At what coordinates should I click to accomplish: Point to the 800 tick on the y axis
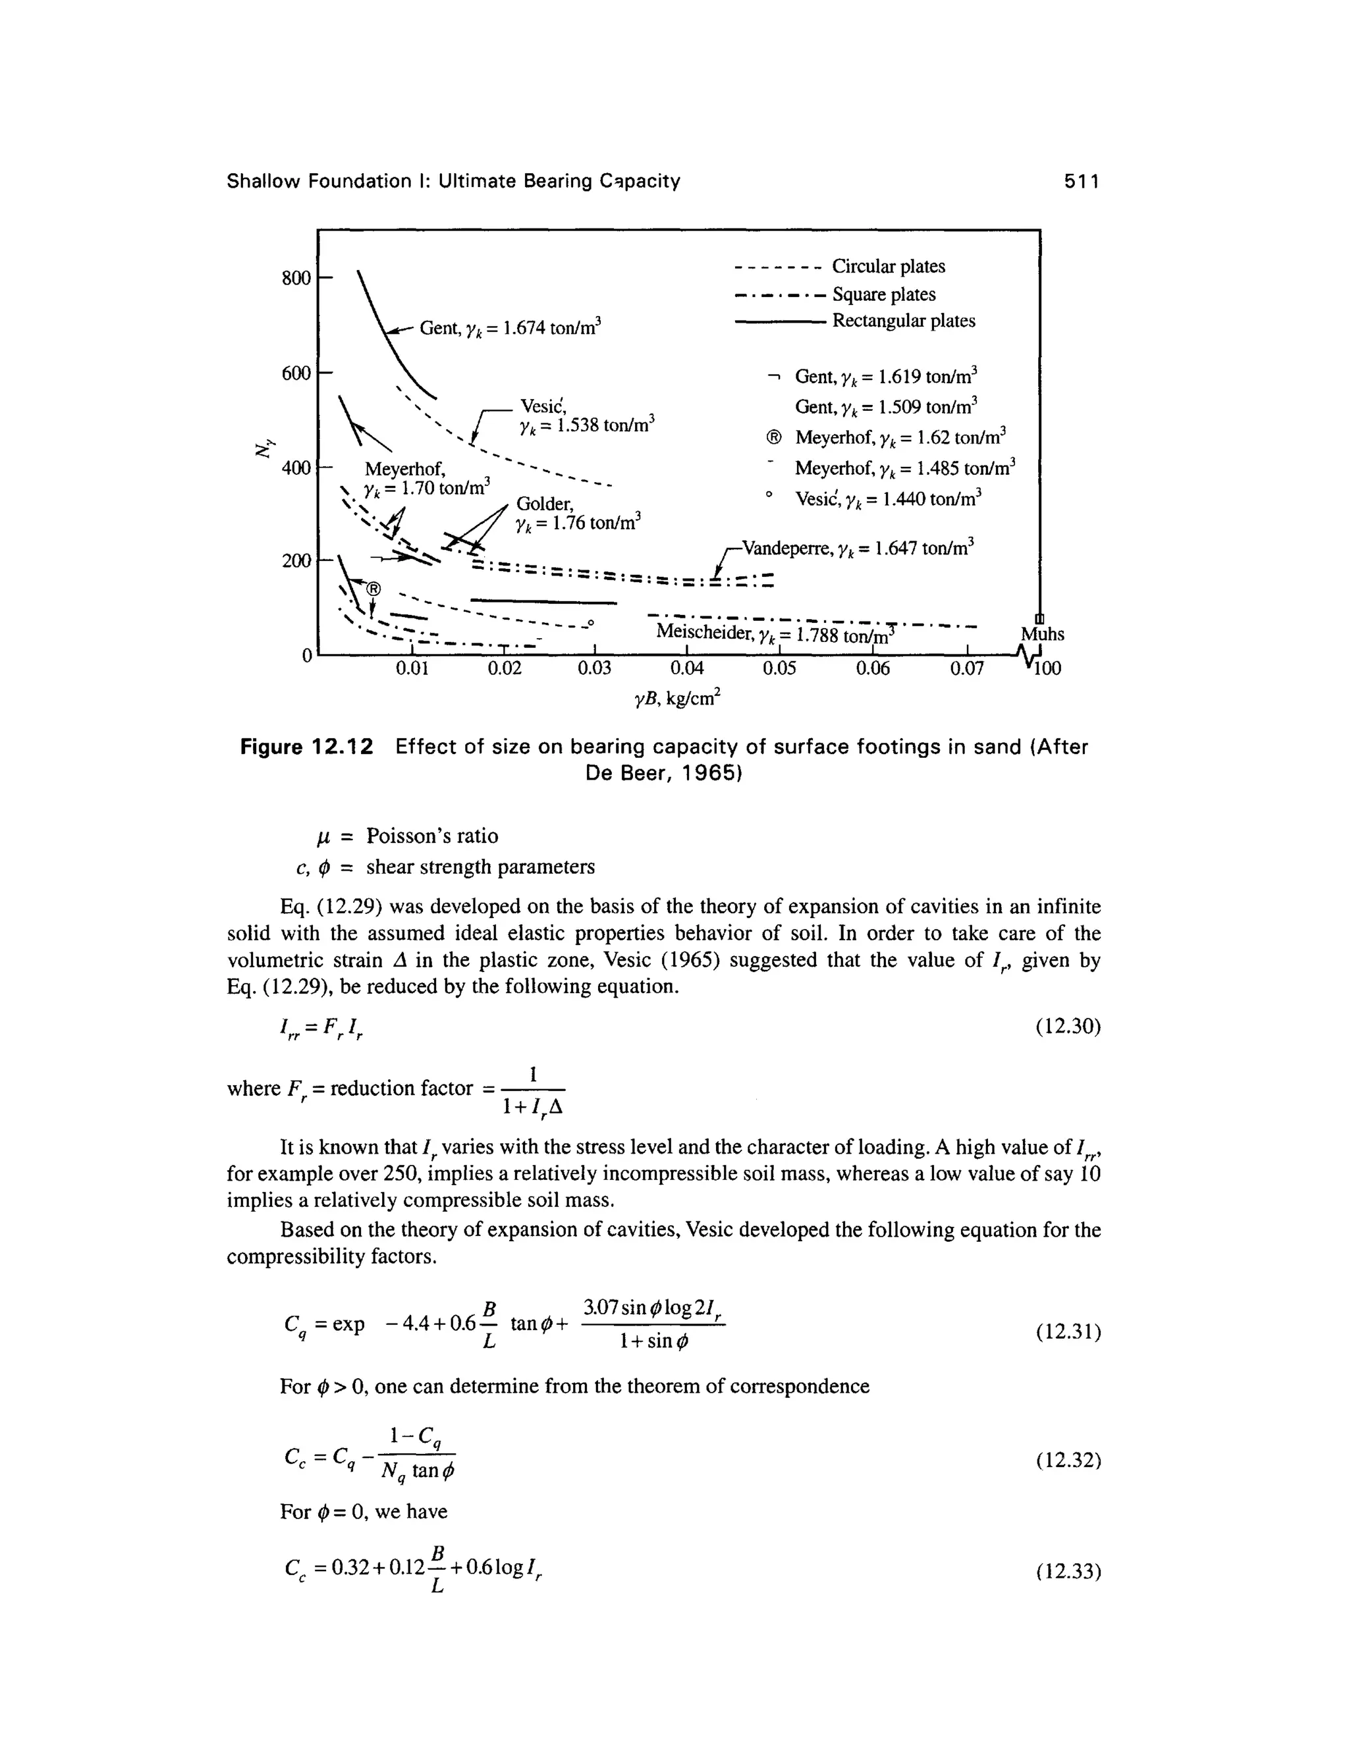click(296, 278)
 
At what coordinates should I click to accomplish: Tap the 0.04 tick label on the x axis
click(686, 668)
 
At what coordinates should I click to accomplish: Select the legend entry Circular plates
click(888, 266)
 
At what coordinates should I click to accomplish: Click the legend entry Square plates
click(883, 294)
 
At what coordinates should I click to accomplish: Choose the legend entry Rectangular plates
click(903, 321)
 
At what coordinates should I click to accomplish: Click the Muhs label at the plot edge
click(1042, 634)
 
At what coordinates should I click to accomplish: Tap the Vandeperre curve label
click(859, 548)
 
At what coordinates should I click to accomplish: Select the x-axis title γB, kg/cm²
click(678, 699)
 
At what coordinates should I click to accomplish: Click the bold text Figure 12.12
click(307, 747)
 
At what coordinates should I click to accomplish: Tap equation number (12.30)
click(1068, 1026)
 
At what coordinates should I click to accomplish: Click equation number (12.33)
click(1068, 1572)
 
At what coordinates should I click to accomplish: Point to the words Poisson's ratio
click(431, 836)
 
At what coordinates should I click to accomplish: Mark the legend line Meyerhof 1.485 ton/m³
click(904, 468)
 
